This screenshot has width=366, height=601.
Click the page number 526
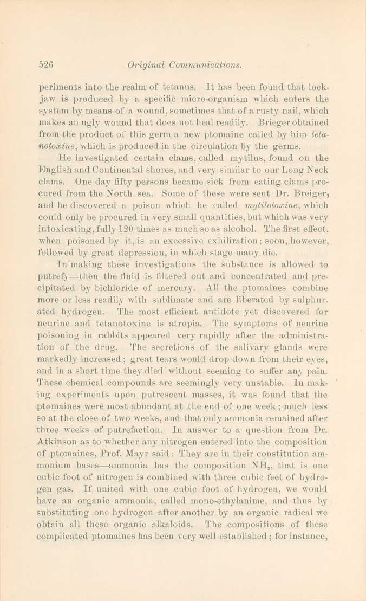[48, 65]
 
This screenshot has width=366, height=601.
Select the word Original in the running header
[145, 65]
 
